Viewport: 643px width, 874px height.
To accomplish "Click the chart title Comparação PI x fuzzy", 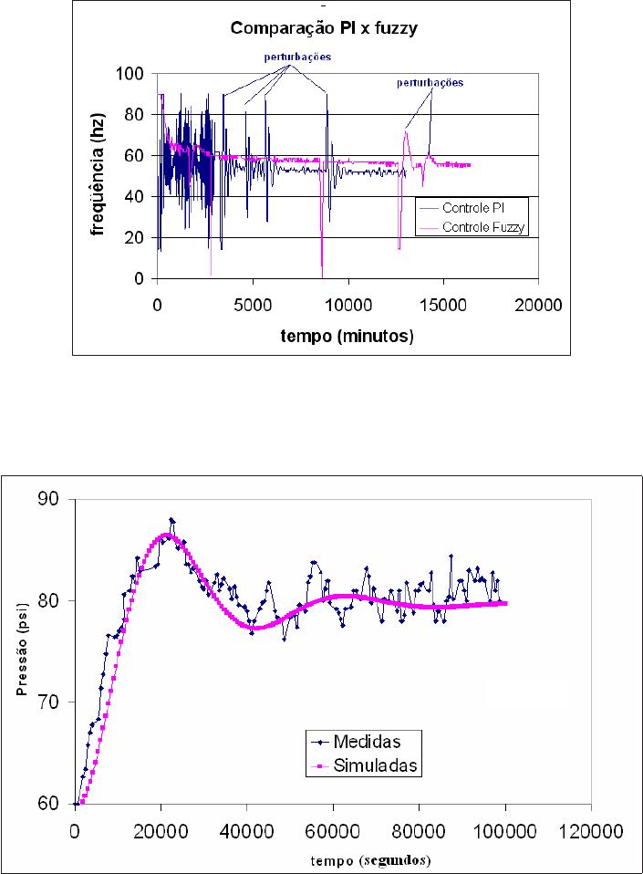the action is [324, 28].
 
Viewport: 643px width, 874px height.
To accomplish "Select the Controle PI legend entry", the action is [462, 208].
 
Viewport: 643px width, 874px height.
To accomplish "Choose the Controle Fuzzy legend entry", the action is [472, 227].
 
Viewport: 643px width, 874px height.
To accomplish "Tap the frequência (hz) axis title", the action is [99, 175].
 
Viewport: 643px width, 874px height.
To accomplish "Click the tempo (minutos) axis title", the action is [347, 336].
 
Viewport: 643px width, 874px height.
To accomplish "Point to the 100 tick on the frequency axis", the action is [130, 74].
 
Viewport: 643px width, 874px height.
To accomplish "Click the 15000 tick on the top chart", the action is [443, 305].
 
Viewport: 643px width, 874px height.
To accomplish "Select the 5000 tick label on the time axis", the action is [253, 305].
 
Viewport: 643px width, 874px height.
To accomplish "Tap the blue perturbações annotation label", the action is [297, 57].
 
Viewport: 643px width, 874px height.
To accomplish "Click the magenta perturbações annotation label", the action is [430, 82].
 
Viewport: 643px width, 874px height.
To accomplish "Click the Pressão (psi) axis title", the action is [22, 650].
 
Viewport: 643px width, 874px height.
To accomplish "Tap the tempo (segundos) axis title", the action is [370, 860].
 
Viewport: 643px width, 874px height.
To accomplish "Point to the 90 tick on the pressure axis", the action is [48, 499].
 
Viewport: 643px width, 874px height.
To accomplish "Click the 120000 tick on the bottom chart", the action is [591, 832].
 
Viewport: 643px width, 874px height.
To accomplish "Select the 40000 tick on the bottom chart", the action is [246, 832].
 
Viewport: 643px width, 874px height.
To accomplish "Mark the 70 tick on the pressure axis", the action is [48, 702].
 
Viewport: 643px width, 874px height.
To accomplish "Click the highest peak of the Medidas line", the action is [171, 519].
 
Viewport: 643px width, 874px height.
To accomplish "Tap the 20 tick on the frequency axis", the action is [134, 237].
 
